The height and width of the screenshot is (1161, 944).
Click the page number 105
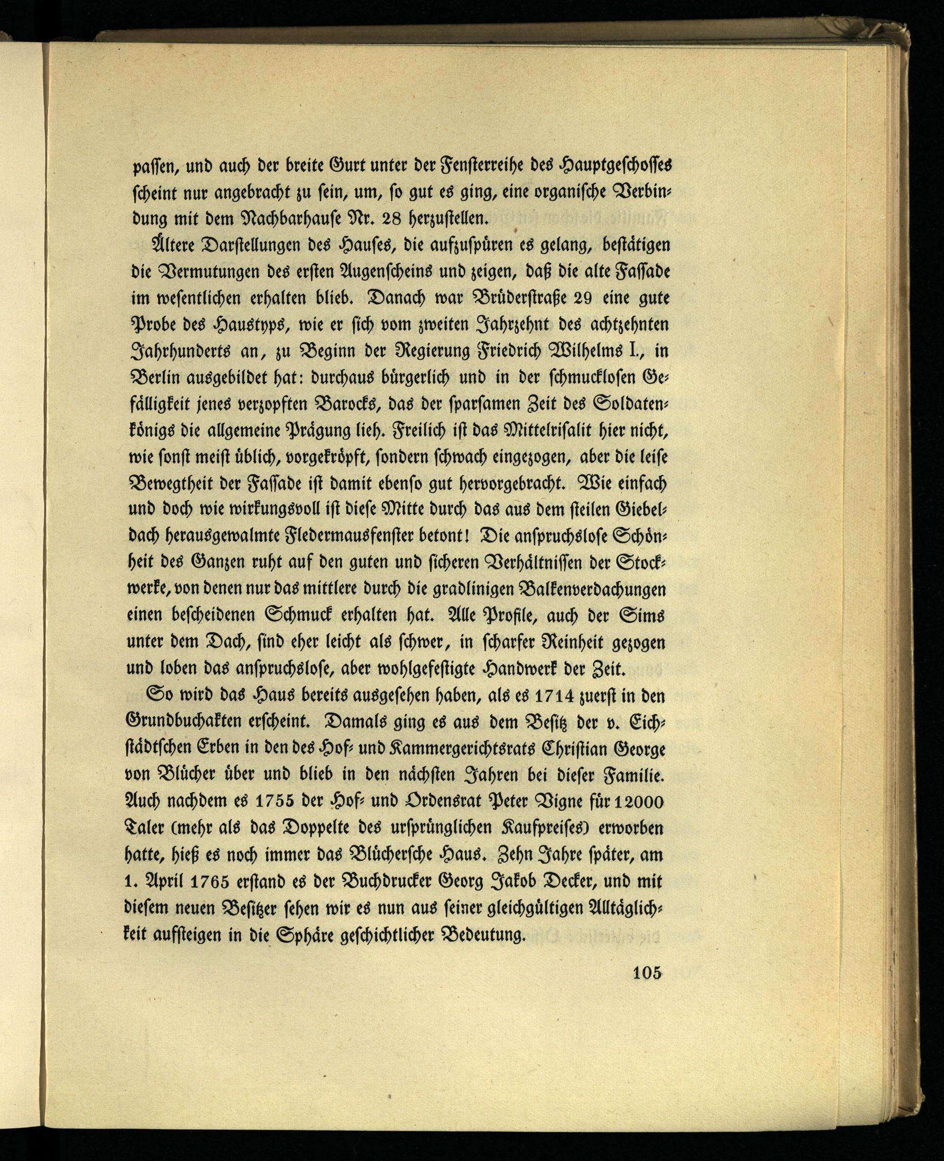click(x=646, y=973)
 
